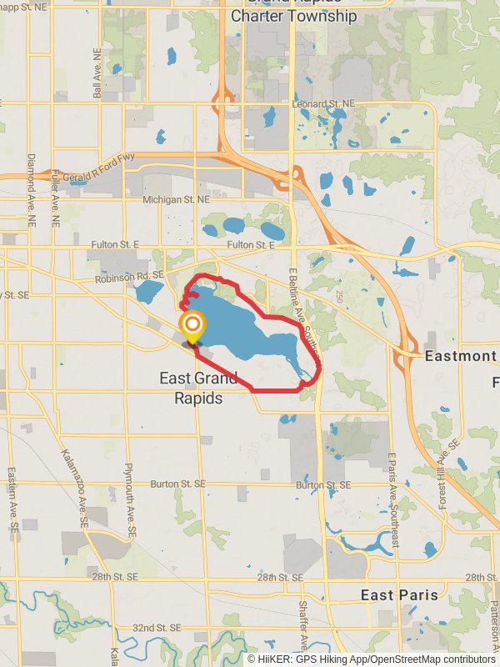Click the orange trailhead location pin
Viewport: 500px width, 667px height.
pos(193,326)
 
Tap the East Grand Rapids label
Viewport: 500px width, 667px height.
pos(198,389)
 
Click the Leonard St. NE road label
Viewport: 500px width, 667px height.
pos(323,103)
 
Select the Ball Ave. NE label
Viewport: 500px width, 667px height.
pos(97,78)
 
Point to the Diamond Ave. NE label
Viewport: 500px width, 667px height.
pos(32,191)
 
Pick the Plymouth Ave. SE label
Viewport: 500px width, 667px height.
pos(130,499)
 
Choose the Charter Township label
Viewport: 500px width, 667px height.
pos(293,16)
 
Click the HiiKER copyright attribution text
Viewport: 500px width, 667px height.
pos(372,659)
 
